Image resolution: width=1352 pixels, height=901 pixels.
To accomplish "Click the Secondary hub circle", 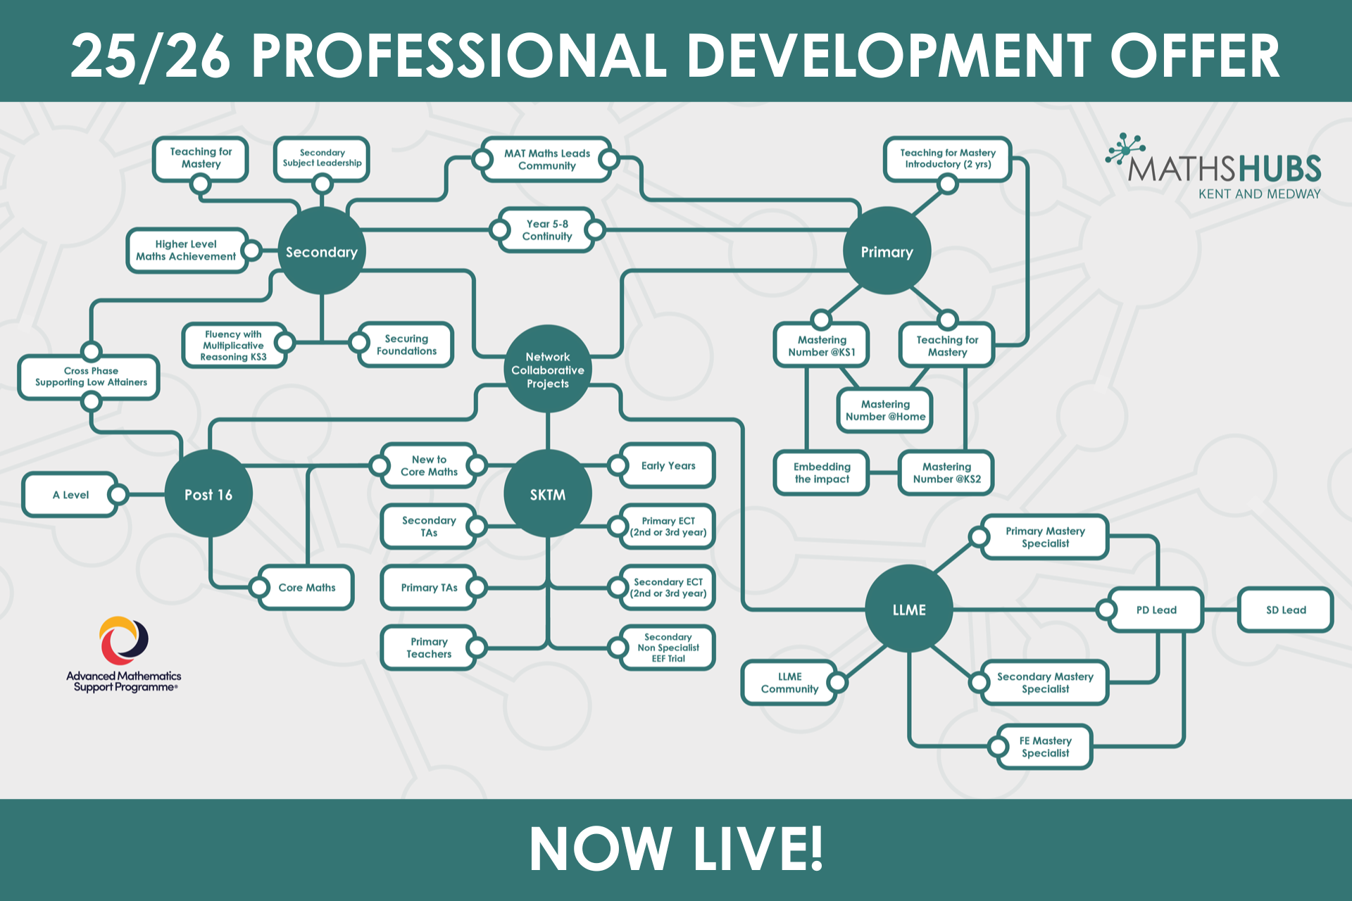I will [322, 251].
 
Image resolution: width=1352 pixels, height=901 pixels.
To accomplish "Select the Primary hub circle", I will [887, 251].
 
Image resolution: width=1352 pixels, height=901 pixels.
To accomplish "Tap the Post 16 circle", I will [208, 494].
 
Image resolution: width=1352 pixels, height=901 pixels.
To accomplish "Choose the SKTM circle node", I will [547, 494].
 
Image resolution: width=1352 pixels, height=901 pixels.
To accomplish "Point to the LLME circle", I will [908, 610].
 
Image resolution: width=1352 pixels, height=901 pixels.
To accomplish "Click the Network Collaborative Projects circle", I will [547, 370].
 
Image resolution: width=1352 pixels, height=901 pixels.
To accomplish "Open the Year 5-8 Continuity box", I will [547, 230].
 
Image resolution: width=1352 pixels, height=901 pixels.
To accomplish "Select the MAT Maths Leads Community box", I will [546, 160].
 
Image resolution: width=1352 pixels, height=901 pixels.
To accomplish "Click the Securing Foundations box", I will [406, 344].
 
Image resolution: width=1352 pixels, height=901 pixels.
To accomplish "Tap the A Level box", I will [70, 495].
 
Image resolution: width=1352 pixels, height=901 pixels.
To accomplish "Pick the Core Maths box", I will [306, 587].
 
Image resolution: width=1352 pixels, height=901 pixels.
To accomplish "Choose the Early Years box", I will [668, 465].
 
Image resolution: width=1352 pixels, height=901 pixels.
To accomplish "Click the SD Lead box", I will [1285, 610].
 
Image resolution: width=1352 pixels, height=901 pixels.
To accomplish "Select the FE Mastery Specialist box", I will [1045, 747].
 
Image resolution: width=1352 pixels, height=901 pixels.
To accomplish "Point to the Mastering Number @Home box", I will [885, 410].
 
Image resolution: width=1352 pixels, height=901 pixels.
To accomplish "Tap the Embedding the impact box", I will [822, 473].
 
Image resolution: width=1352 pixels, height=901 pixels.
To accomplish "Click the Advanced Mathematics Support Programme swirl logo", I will [124, 641].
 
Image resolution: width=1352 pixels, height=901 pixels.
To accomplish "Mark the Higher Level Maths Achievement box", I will [186, 250].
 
